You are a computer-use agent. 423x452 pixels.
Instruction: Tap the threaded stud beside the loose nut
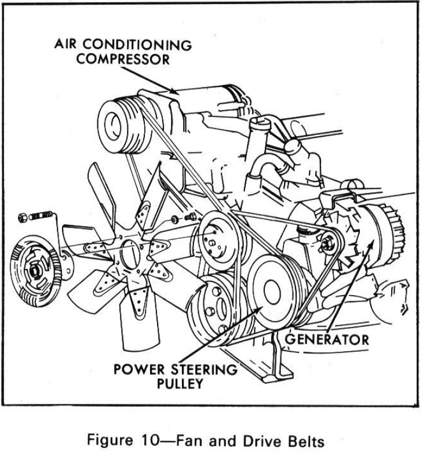[41, 217]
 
